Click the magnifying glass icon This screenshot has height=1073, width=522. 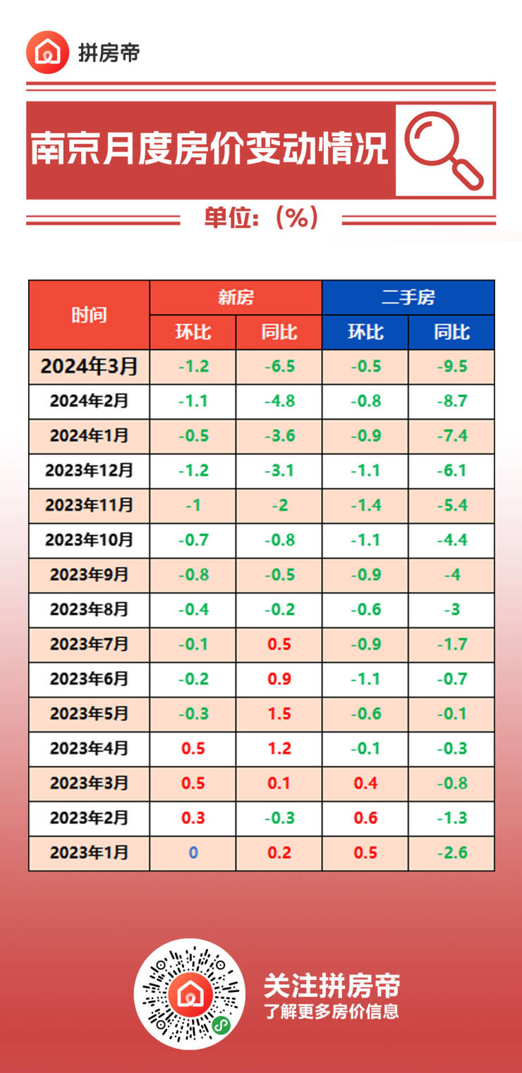coord(444,150)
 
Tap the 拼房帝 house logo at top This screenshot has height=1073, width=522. coord(48,52)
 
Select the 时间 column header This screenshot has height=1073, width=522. coord(89,315)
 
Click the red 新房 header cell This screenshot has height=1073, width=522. coord(236,297)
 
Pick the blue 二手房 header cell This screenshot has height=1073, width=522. coord(408,297)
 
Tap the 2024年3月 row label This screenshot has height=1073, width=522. coord(89,366)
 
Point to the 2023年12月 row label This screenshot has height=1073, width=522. coord(89,471)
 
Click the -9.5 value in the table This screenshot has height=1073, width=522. coord(451,366)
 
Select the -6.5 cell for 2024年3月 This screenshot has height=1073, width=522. coord(279,366)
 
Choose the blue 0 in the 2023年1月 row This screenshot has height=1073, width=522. coord(193,852)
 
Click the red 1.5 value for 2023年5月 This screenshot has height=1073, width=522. coord(279,713)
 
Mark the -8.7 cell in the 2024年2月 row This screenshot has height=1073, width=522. coord(451,401)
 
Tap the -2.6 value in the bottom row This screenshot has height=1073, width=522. coord(451,852)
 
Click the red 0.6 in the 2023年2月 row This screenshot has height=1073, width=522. coord(365,818)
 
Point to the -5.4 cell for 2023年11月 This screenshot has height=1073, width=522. coord(451,505)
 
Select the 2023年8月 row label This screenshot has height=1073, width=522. coord(89,609)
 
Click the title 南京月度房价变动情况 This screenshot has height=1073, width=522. coord(210,149)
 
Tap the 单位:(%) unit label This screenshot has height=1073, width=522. coord(261,218)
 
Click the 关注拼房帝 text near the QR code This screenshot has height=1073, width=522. coord(332,986)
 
